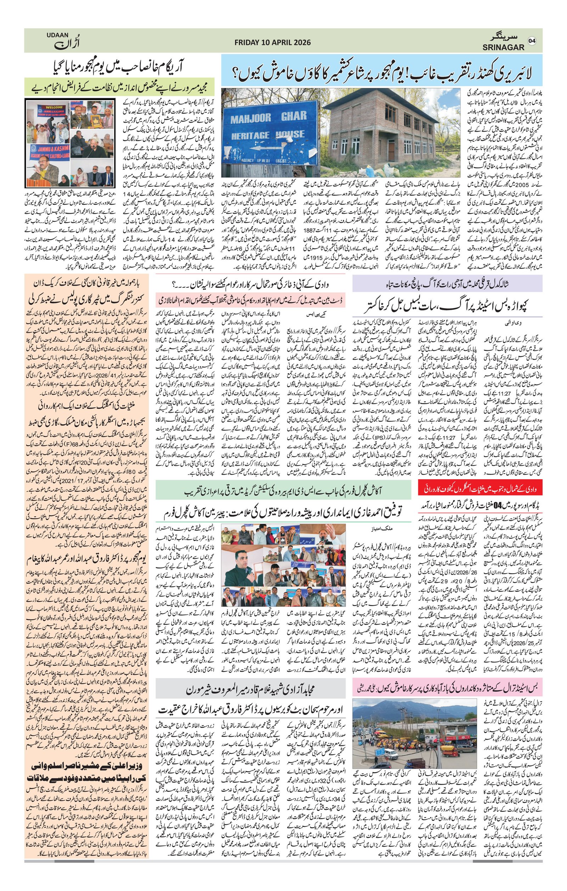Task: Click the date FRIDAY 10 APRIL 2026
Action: pyautogui.click(x=273, y=43)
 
